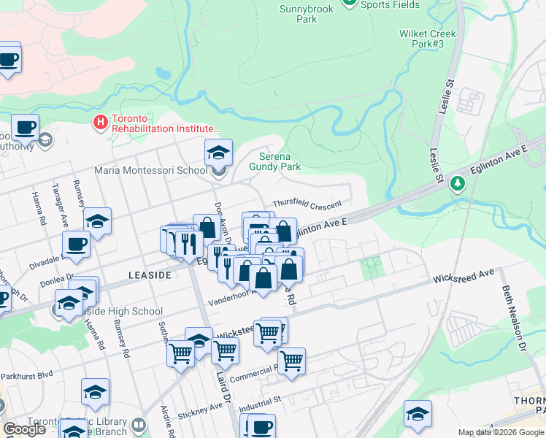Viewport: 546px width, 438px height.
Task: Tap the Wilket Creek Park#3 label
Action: coord(428,39)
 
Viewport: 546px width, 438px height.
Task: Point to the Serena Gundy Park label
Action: coord(280,161)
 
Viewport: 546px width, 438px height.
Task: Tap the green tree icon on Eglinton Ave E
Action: coord(458,182)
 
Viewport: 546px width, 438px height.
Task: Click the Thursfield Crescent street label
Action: coord(307,204)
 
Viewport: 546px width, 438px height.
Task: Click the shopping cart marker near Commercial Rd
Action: coord(291,360)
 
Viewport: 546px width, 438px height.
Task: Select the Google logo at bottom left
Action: coord(24,429)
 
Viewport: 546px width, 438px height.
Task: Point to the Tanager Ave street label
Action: coord(64,207)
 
